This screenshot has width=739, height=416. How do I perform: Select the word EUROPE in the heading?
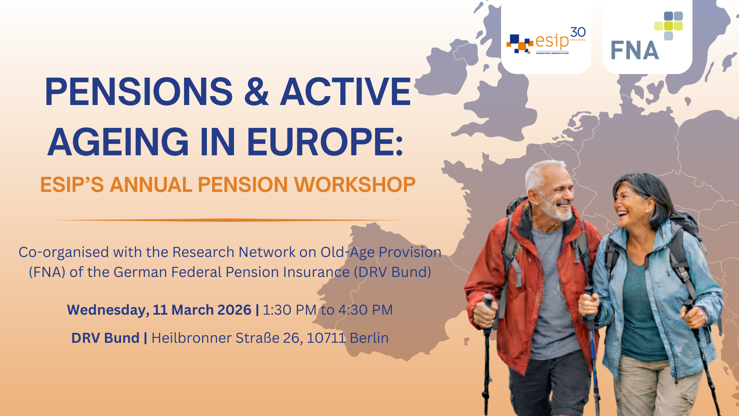pyautogui.click(x=321, y=142)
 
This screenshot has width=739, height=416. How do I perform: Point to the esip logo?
pyautogui.click(x=546, y=41)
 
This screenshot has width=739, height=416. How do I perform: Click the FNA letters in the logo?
pyautogui.click(x=635, y=50)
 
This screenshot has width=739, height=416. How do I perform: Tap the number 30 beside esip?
pyautogui.click(x=578, y=32)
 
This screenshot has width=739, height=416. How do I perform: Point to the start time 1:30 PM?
pyautogui.click(x=290, y=310)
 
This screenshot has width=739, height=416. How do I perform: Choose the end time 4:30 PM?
pyautogui.click(x=365, y=310)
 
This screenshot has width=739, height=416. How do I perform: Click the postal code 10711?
pyautogui.click(x=326, y=338)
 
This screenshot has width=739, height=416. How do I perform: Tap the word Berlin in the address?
pyautogui.click(x=369, y=338)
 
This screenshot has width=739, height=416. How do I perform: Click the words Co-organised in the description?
pyautogui.click(x=64, y=253)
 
